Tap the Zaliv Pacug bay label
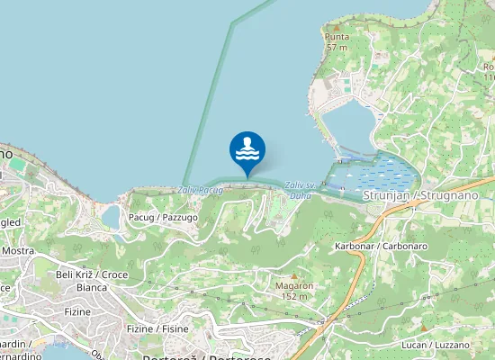click(200, 191)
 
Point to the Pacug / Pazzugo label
click(163, 217)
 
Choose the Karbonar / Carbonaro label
click(380, 246)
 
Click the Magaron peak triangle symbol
click(293, 274)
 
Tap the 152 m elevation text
click(294, 296)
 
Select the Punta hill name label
click(337, 37)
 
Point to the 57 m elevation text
click(337, 47)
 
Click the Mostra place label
click(18, 250)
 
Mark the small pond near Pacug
click(111, 217)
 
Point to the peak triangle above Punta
click(337, 26)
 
